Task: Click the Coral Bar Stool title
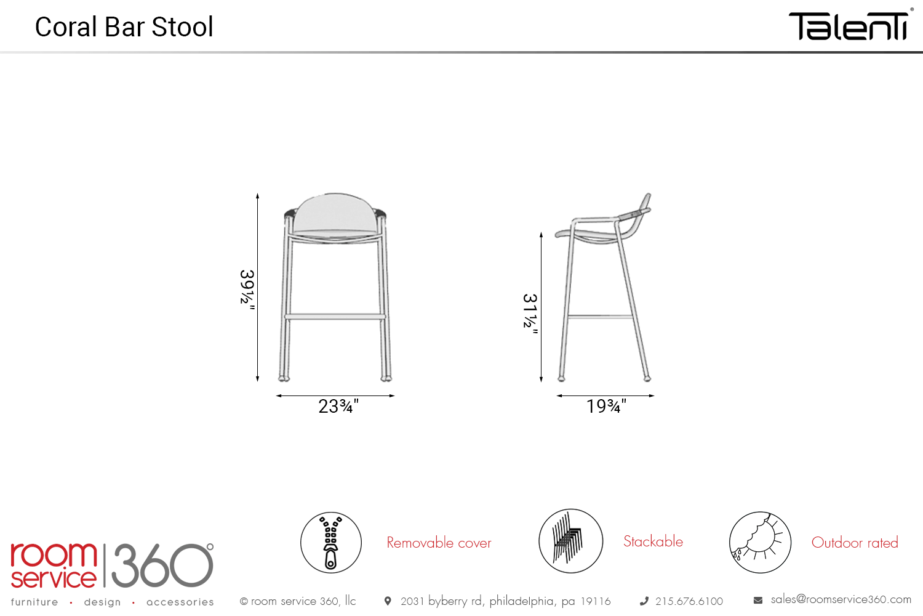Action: coord(124,27)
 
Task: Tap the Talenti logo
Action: coord(849,26)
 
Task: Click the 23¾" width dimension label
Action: coord(338,407)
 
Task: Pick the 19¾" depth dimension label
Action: coord(606,407)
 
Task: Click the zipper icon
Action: coord(331,542)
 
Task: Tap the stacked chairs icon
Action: coord(570,541)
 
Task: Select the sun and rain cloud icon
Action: coord(760,542)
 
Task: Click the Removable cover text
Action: coord(439,543)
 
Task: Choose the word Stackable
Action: coord(653,541)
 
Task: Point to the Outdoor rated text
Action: coord(855,543)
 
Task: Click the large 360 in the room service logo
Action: coord(162,565)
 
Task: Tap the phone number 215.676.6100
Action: coord(689,601)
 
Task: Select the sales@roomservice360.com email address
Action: coord(841,599)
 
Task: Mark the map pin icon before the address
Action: coord(388,601)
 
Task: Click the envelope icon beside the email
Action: coord(757,601)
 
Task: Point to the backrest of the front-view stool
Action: coord(335,212)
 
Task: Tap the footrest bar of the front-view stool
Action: coord(335,317)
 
